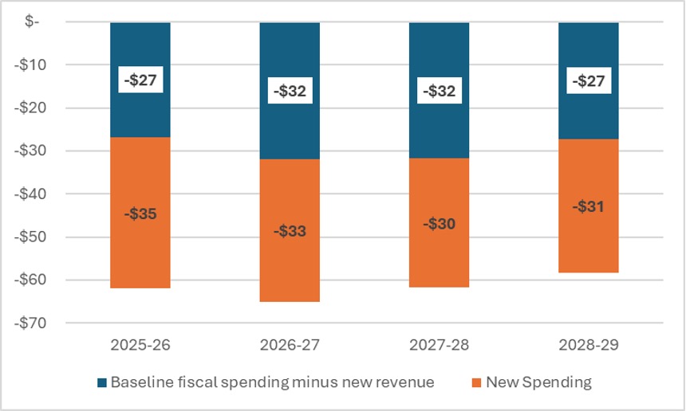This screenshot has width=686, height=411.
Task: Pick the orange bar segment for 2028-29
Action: [x=588, y=243]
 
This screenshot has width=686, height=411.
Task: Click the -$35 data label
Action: [x=140, y=213]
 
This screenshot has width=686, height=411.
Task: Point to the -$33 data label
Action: [x=290, y=232]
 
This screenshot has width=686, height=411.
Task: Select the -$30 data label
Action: [x=439, y=224]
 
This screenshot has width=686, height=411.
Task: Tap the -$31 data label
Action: [x=588, y=206]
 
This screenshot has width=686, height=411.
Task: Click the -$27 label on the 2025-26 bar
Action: [x=140, y=80]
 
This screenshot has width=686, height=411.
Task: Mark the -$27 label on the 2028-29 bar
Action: [x=588, y=80]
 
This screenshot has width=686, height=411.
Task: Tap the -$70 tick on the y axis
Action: [x=34, y=323]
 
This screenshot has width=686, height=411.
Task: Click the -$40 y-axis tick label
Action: [x=34, y=194]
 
